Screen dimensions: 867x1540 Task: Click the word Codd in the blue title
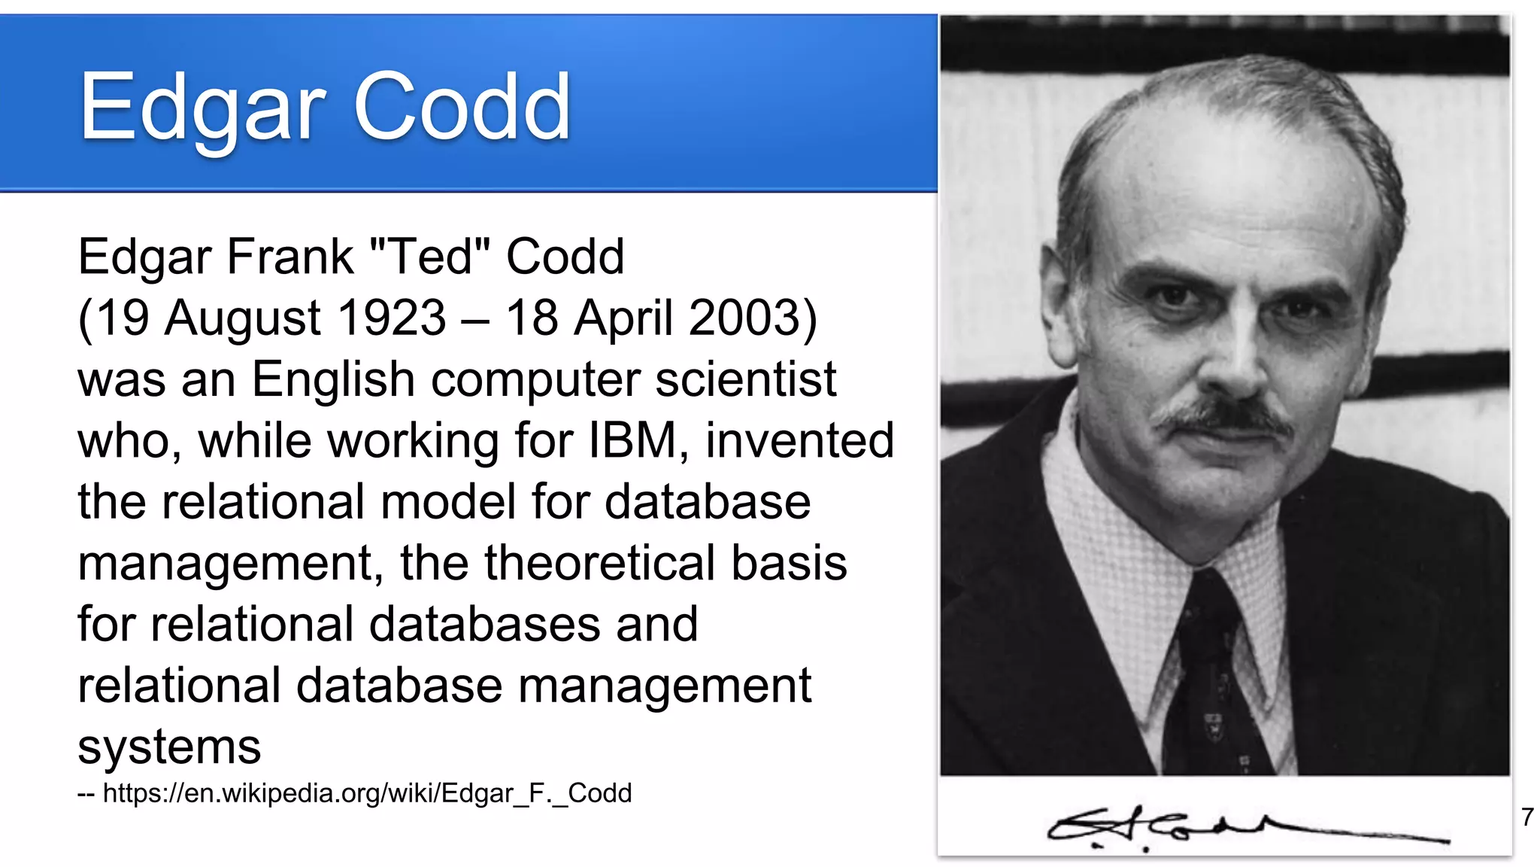pos(462,107)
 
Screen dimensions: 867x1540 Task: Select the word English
pos(332,380)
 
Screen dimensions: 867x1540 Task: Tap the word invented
pos(799,440)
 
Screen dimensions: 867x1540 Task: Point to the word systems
pos(169,747)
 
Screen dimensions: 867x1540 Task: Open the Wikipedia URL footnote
pos(367,793)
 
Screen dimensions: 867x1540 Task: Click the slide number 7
pos(1526,817)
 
